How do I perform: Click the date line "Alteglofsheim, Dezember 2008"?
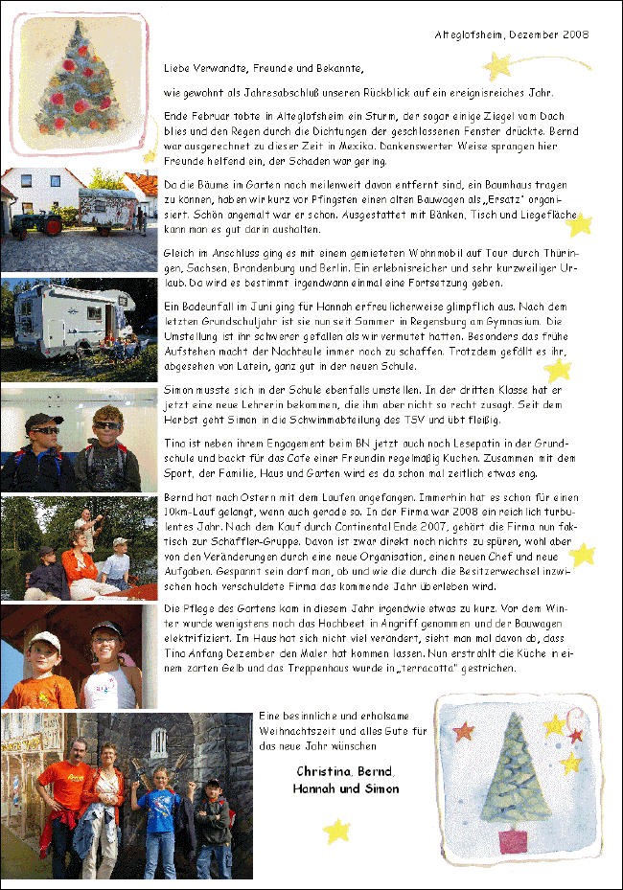pos(512,34)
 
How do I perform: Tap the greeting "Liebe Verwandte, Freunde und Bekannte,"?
pos(265,69)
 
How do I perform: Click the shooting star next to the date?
pos(497,65)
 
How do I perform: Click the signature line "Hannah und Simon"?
pos(346,789)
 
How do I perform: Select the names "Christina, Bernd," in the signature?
pos(346,771)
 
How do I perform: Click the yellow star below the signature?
pos(336,831)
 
